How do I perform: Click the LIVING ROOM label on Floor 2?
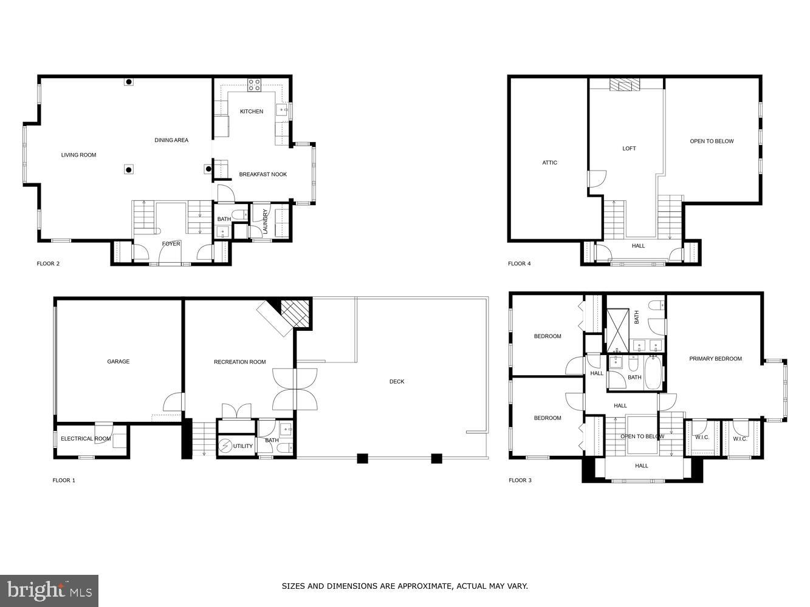tap(78, 155)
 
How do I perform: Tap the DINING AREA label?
tap(171, 140)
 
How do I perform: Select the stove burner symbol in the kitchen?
tap(254, 85)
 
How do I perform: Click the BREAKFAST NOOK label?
tap(263, 174)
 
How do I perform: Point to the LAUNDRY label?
tap(266, 222)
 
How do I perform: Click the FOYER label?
tap(171, 244)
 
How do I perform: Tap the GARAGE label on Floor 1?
tap(118, 362)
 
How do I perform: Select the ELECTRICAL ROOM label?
tap(86, 438)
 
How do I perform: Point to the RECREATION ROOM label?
tap(239, 362)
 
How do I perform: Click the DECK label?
tap(397, 382)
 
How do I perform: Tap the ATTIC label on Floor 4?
tap(549, 163)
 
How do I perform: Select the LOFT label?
tap(629, 149)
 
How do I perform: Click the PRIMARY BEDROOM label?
tap(715, 359)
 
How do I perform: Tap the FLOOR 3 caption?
tap(520, 480)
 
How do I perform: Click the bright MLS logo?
tap(50, 590)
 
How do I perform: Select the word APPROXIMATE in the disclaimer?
tap(424, 586)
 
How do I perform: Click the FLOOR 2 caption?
tap(48, 263)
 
